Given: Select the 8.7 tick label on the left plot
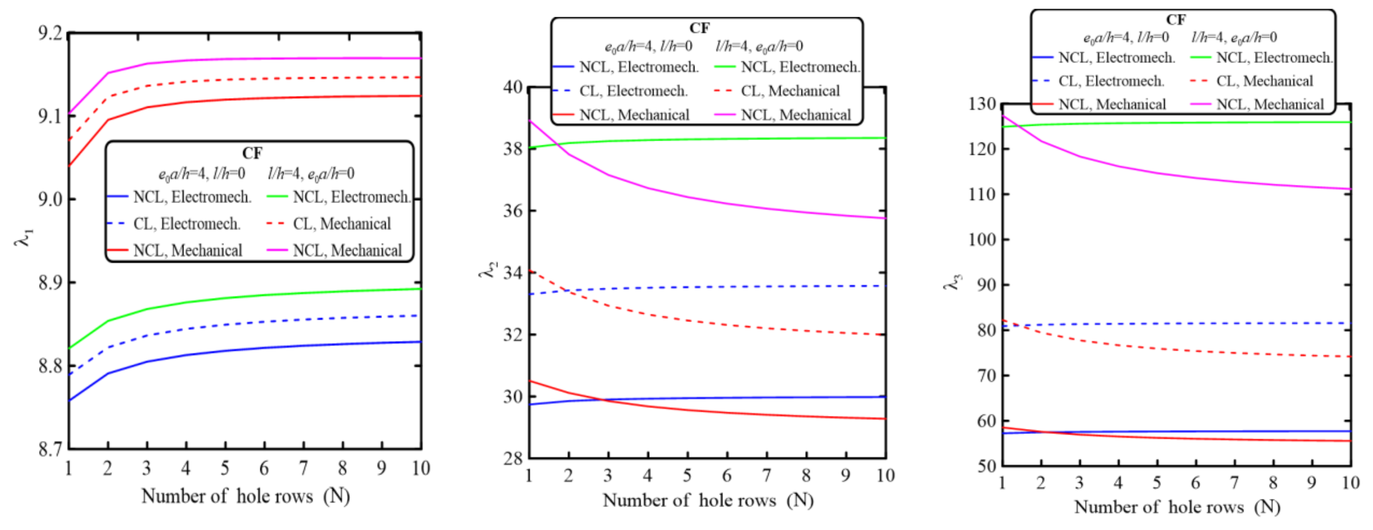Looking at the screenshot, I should pos(50,449).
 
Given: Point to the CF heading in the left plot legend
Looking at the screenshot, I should pos(252,153).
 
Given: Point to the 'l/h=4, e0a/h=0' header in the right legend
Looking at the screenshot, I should pos(1234,37).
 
